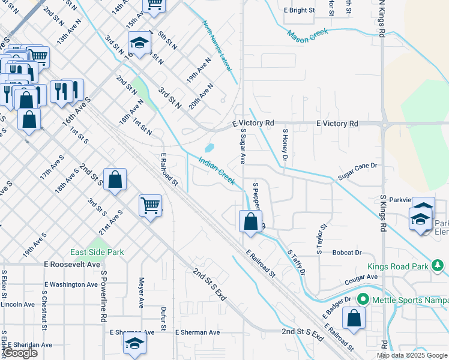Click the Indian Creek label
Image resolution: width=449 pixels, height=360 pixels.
coord(217,170)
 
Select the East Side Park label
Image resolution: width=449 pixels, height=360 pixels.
coord(97,252)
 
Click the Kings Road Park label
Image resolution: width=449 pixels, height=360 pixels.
coord(399,266)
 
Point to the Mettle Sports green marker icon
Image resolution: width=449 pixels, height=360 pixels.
coord(363,299)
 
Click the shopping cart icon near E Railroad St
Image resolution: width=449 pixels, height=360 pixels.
coord(150,205)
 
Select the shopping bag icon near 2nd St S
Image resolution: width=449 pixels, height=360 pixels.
coord(115,179)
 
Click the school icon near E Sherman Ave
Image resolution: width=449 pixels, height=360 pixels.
coord(134,343)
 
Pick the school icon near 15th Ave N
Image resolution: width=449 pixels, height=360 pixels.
coord(139,43)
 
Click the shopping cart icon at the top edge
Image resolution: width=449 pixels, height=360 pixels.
coord(155,5)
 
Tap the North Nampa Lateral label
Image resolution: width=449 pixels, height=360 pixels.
coord(217,46)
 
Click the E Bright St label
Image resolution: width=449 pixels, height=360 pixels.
coord(298,10)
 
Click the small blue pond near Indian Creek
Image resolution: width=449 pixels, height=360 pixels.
coord(209,148)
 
